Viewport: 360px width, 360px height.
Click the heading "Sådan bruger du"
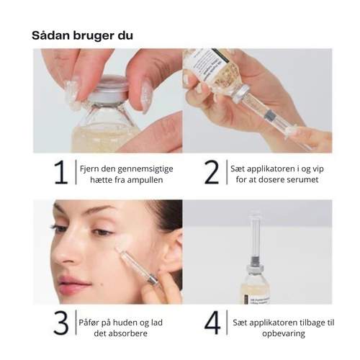point(82,35)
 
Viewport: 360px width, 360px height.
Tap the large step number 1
point(61,173)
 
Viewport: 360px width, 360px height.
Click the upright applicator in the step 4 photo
point(256,238)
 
